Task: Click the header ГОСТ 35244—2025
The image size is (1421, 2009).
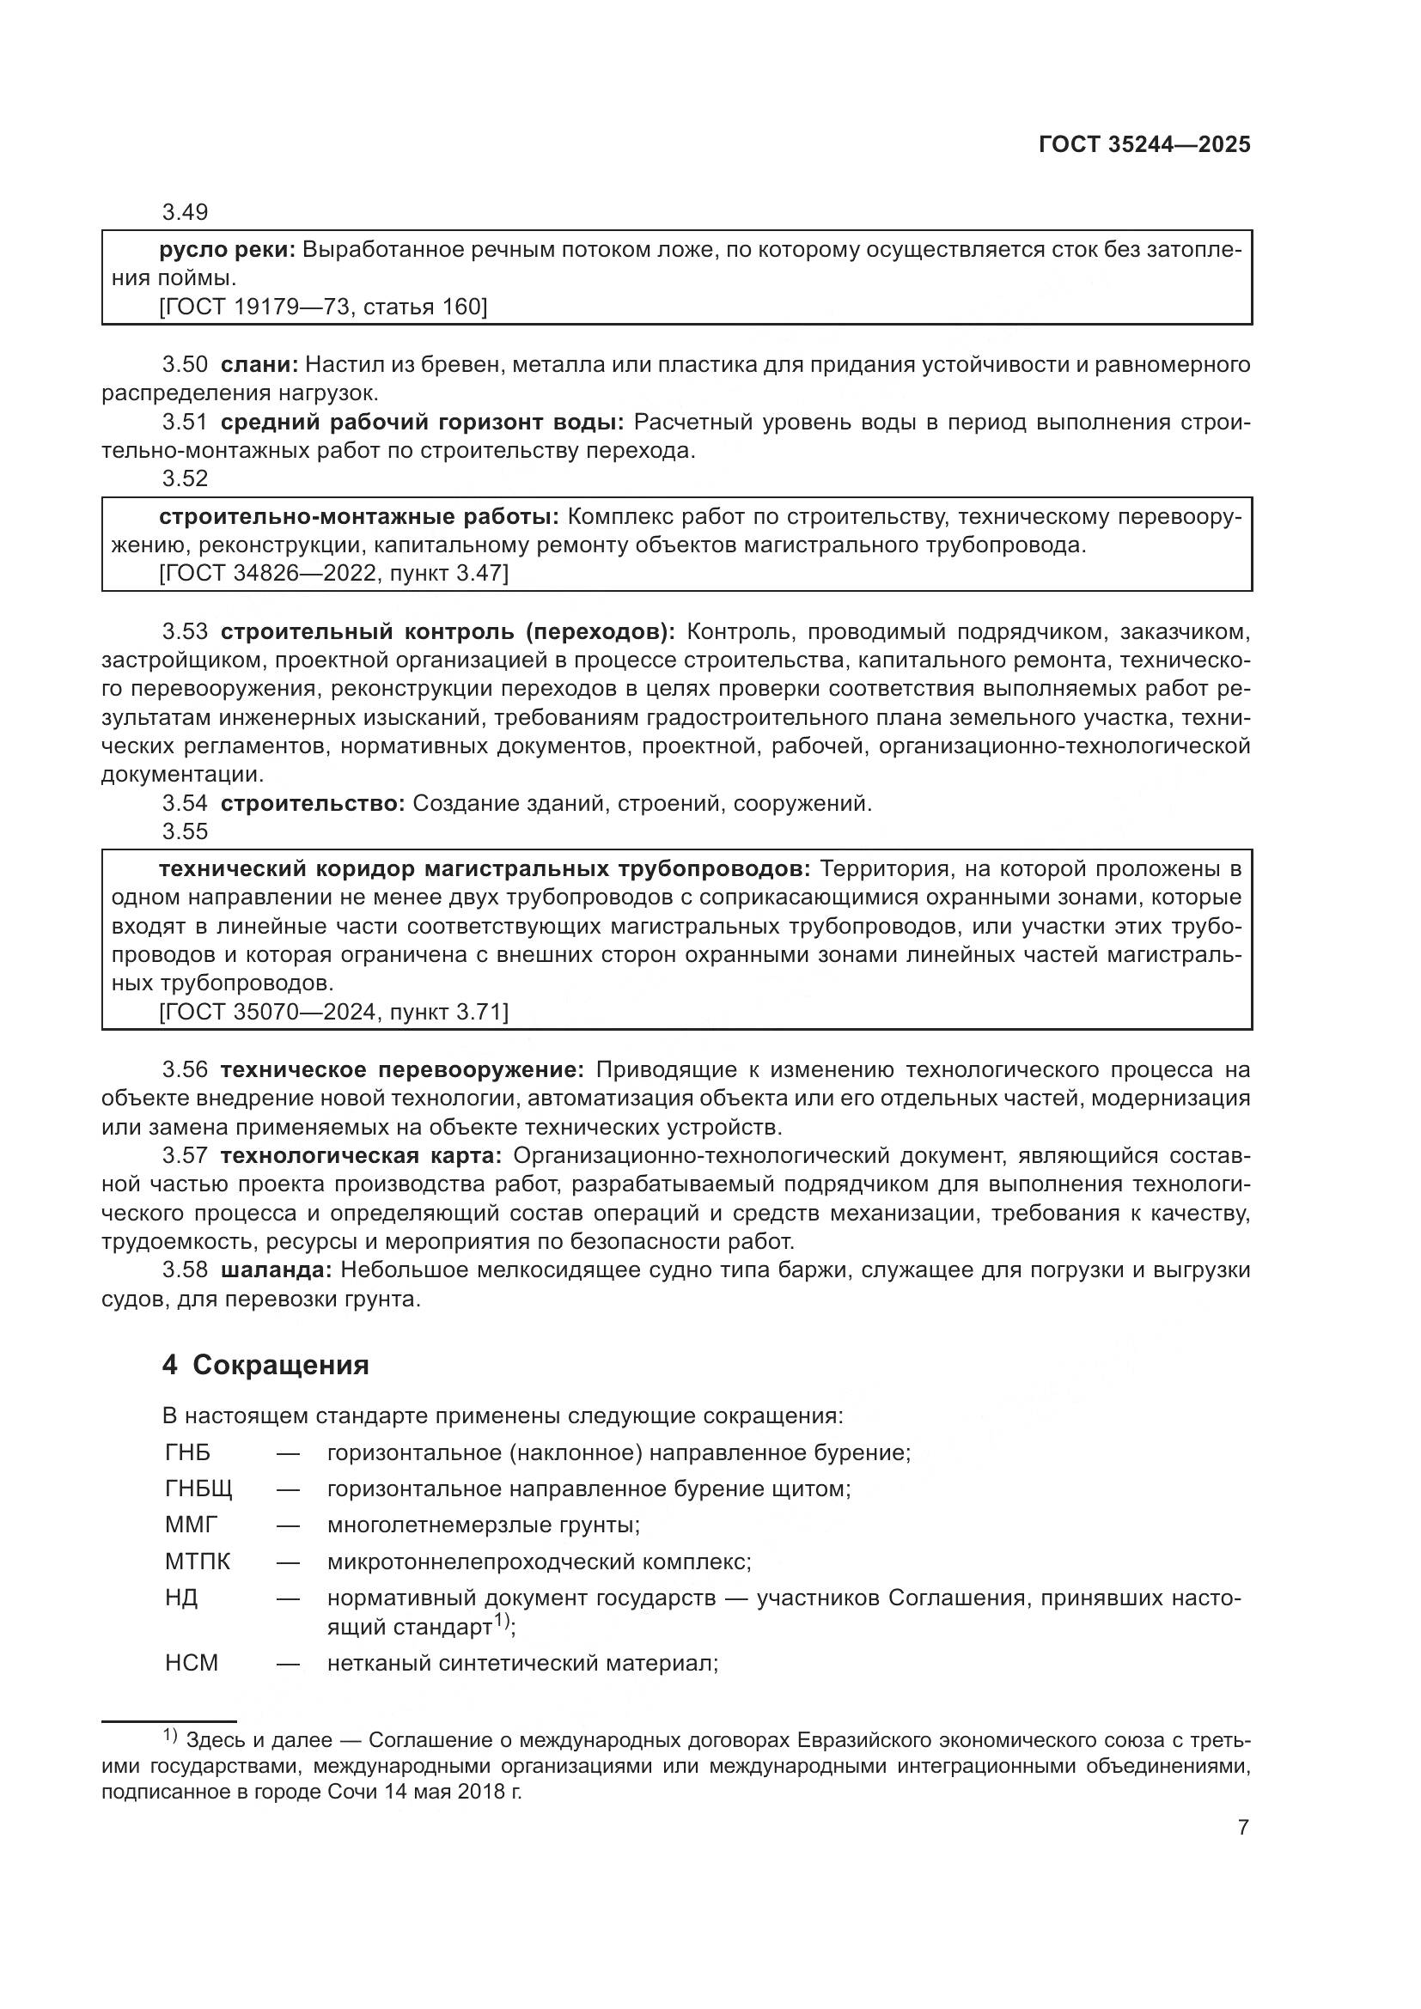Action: [x=1144, y=145]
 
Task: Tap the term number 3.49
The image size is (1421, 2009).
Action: [x=185, y=213]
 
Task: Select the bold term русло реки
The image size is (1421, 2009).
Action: [x=229, y=250]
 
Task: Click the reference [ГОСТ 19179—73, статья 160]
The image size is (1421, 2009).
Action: [x=323, y=307]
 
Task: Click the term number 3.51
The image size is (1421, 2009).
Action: [x=185, y=423]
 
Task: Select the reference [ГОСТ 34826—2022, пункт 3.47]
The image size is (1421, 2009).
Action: [x=333, y=573]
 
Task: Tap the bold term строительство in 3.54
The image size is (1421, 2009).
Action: [x=313, y=803]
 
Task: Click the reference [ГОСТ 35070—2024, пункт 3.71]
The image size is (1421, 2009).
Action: [x=333, y=1012]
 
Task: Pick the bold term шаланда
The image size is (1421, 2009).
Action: [x=276, y=1269]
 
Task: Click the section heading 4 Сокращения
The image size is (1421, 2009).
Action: [x=265, y=1366]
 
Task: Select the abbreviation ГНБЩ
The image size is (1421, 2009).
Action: [x=198, y=1488]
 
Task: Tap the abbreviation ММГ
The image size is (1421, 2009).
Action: [x=191, y=1525]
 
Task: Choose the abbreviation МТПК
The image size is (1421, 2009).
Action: [x=198, y=1561]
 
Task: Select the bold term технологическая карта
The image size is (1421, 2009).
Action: [x=361, y=1156]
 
